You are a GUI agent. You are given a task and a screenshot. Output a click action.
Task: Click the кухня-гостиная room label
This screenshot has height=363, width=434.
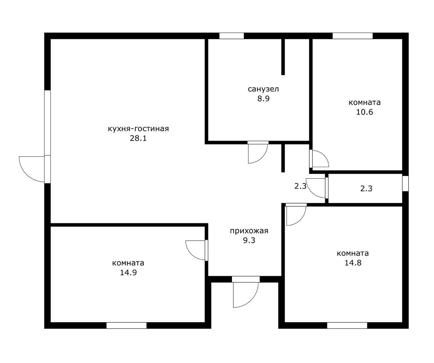138,129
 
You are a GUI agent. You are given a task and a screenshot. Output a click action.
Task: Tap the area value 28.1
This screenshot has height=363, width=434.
138,138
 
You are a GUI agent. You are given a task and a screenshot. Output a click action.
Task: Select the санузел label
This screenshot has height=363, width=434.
263,89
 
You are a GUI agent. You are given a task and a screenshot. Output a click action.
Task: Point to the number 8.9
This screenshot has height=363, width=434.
263,99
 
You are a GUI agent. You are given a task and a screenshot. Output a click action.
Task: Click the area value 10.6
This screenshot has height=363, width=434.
364,112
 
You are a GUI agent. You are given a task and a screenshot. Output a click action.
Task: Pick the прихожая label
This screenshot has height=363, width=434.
249,231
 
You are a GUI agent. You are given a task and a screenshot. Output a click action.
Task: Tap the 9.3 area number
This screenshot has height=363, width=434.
249,240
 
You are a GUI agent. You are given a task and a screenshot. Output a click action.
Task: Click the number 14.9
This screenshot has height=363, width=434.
128,273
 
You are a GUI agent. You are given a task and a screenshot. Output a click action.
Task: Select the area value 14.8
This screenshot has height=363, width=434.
353,263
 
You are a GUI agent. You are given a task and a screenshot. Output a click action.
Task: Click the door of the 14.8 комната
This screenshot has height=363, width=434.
300,220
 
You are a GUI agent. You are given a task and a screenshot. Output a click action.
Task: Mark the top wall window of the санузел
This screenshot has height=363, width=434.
232,36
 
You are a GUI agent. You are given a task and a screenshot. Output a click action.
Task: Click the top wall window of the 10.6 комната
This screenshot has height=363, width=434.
353,36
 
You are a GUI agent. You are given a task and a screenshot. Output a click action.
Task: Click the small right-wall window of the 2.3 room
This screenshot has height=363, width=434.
405,184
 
